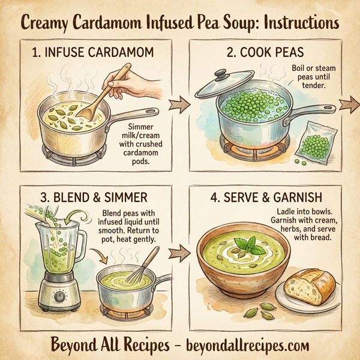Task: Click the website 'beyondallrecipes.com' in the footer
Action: click(246, 345)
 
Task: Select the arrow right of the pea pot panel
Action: click(348, 104)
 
